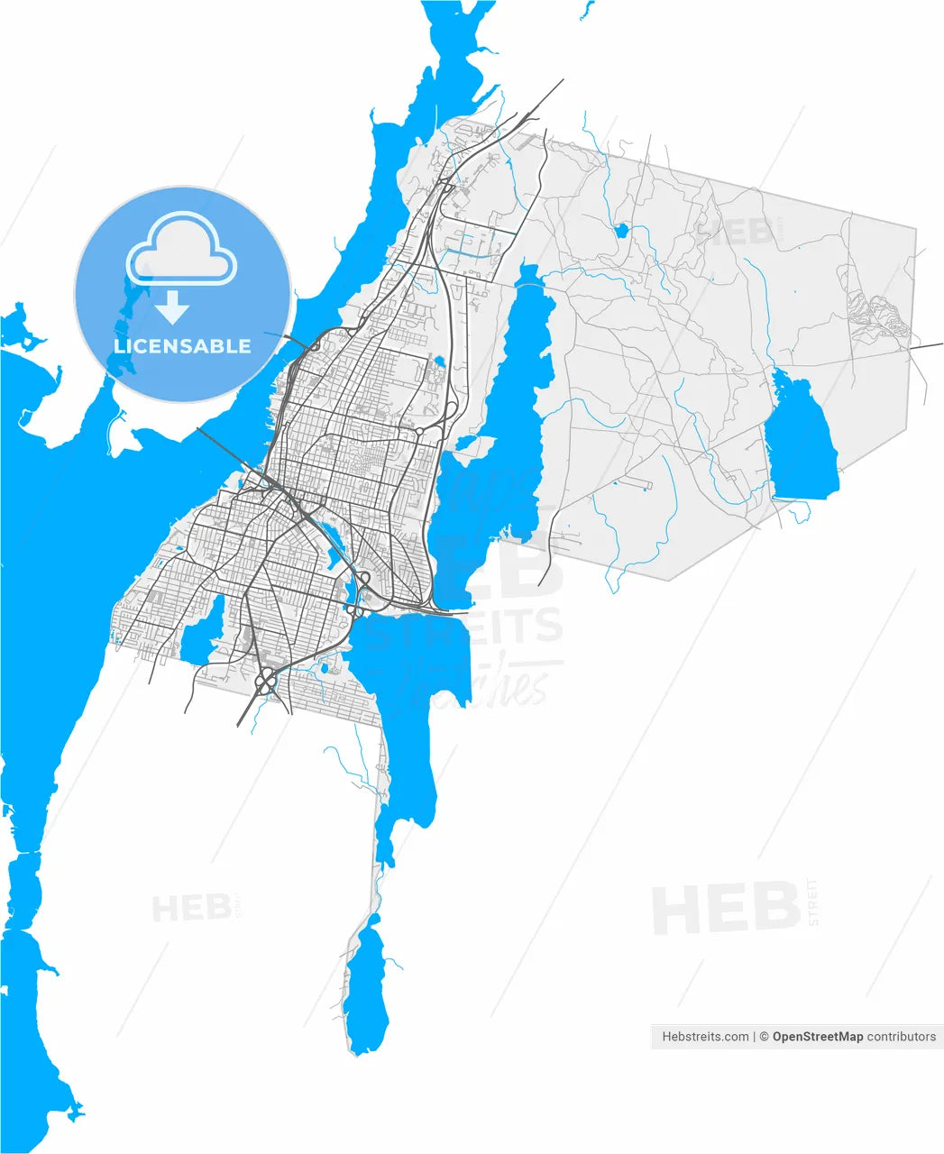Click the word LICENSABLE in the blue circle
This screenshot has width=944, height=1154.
click(182, 346)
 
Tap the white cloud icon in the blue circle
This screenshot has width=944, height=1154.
click(182, 249)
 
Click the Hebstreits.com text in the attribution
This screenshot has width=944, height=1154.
click(705, 1037)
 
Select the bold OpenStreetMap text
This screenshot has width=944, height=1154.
click(817, 1037)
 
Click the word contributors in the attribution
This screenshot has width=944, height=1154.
click(902, 1037)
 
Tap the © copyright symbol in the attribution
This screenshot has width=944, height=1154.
click(763, 1037)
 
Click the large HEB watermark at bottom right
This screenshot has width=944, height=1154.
click(726, 908)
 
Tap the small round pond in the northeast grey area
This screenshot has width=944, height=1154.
click(620, 231)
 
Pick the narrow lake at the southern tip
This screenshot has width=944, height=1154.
click(367, 992)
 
